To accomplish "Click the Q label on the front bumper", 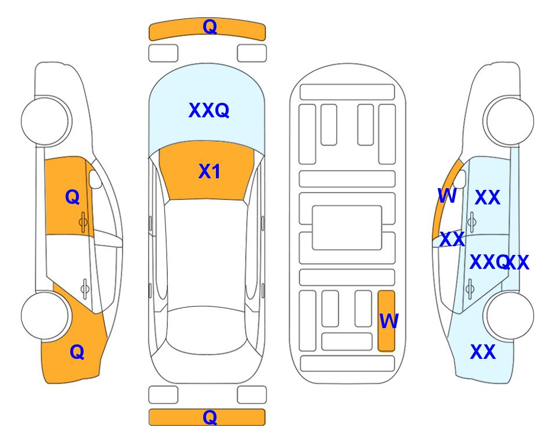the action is point(210,26).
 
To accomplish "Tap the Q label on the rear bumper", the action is point(210,417).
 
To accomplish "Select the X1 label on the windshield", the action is point(210,171).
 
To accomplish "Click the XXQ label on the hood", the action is point(209,110).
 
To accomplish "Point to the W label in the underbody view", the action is point(388,321).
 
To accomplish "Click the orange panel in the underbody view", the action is point(387,321).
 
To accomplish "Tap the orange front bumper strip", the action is point(207,29).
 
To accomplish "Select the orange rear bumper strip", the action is point(207,417).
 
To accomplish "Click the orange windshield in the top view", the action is point(207,171).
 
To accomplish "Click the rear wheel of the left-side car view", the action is point(45,315).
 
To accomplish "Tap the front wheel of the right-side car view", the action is point(509,121).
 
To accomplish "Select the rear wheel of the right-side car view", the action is point(510,315).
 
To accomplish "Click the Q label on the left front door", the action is point(73,197).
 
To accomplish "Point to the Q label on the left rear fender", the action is point(77,352).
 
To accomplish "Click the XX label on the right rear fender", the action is point(483,352).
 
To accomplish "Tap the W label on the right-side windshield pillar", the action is point(447,196).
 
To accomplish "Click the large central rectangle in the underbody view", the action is point(347,228).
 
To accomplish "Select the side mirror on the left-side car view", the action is point(95,179).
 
